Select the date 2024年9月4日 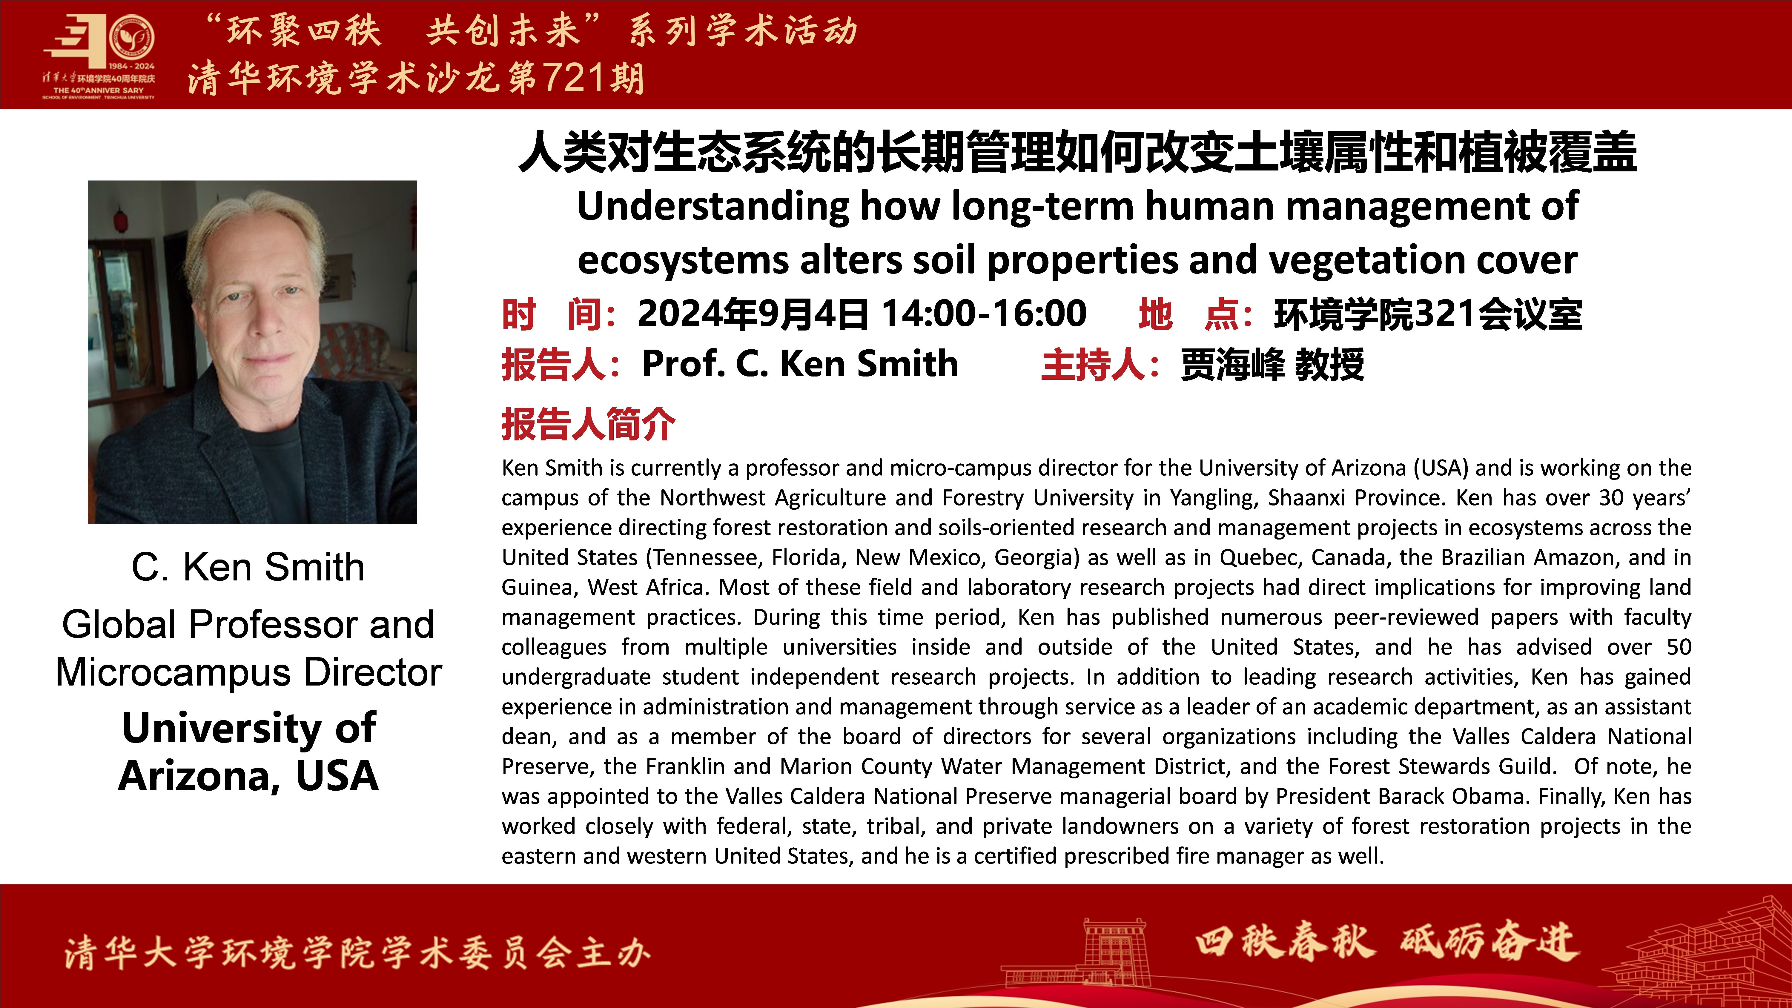(753, 313)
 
